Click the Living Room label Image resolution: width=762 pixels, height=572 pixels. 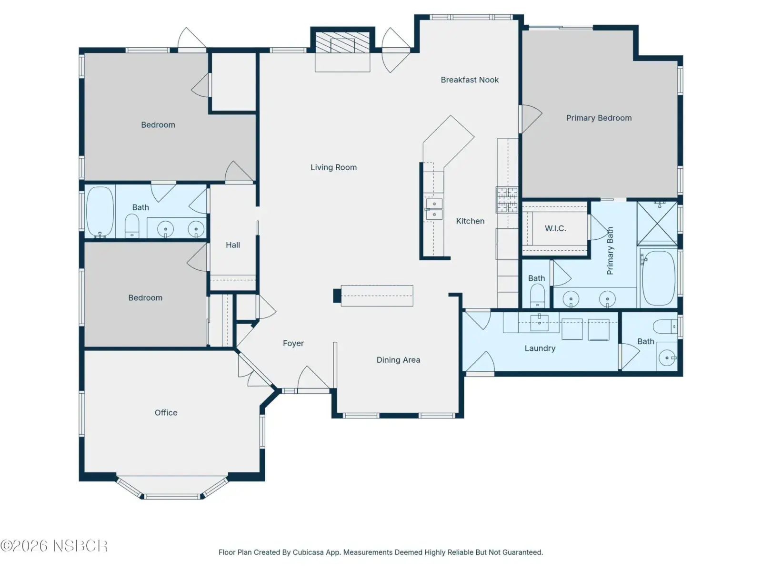click(333, 167)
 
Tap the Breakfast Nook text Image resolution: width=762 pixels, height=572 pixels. click(470, 80)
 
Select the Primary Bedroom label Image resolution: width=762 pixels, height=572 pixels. click(599, 118)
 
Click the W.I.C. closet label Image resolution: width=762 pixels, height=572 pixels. click(555, 228)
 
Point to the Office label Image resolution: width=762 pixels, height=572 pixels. click(166, 413)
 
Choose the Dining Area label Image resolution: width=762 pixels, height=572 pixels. click(398, 360)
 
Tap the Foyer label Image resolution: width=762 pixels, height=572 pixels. click(293, 344)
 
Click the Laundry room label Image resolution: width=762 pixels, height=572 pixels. click(540, 348)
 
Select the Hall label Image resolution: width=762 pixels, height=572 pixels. click(232, 245)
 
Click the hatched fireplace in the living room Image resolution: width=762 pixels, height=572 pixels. click(342, 42)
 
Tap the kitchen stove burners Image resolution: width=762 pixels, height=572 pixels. click(507, 200)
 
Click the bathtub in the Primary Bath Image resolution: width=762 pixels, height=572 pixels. click(659, 278)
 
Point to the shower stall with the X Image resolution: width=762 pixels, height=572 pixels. click(657, 224)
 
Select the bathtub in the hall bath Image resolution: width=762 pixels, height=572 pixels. click(100, 211)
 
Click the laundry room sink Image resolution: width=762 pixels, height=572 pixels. click(539, 323)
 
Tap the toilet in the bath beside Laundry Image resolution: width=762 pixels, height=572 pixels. click(664, 327)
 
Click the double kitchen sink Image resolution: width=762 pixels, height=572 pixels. click(434, 209)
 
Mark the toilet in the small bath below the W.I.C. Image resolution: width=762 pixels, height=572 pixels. click(537, 296)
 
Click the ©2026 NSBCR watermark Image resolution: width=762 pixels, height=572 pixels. click(54, 546)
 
